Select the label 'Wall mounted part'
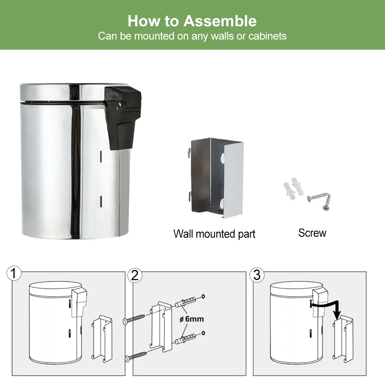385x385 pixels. [x=214, y=234]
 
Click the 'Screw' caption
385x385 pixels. [x=312, y=233]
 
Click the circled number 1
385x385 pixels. [x=14, y=274]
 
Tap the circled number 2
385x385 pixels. [x=135, y=275]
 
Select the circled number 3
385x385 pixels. [x=257, y=275]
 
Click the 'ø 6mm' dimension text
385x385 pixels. [x=191, y=319]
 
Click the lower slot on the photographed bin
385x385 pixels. [x=100, y=200]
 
